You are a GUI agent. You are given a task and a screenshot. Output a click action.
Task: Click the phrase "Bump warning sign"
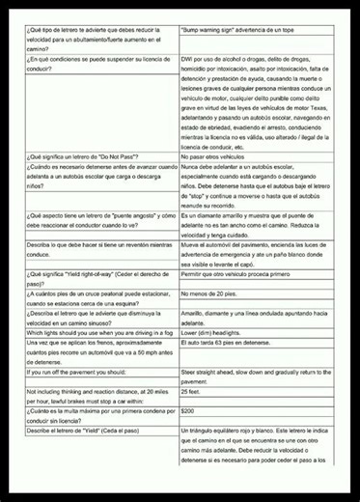212,32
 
